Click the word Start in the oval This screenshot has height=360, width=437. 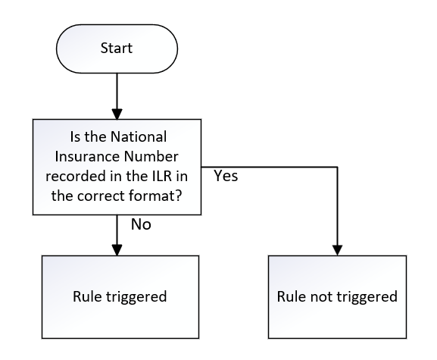(x=117, y=48)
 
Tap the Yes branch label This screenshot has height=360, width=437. (x=226, y=176)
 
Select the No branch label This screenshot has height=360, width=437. (x=141, y=224)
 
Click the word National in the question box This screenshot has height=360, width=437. (x=139, y=137)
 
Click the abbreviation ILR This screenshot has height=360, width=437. (x=162, y=177)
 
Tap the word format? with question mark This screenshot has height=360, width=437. (x=155, y=196)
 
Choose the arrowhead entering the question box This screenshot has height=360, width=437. (x=117, y=114)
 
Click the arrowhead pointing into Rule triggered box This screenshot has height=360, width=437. (x=117, y=250)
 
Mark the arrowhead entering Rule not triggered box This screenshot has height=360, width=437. (x=338, y=250)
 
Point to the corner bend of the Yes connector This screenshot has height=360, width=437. (x=338, y=167)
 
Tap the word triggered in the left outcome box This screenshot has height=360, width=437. (x=136, y=297)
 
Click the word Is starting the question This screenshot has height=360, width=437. (x=76, y=137)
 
